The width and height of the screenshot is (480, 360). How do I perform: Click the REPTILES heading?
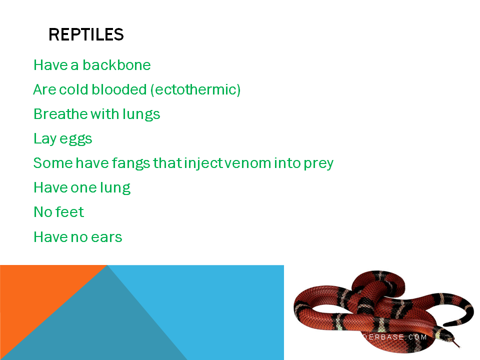coord(86,34)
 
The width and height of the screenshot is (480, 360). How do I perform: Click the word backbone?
coord(116,65)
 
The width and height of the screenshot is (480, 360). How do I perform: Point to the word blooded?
coord(119,89)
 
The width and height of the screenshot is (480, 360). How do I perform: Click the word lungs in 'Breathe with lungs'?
coord(141,114)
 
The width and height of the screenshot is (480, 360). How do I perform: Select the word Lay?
coord(45,139)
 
